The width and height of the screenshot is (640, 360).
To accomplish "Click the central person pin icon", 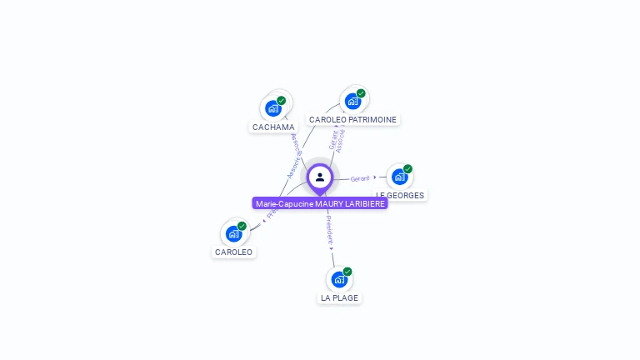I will point(320,177).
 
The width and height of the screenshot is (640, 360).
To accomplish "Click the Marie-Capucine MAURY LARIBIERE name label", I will point(320,204).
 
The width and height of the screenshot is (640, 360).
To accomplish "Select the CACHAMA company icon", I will point(272,108).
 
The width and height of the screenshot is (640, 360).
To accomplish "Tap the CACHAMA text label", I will point(273,127).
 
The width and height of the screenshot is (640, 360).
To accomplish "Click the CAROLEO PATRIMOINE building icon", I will point(352,102).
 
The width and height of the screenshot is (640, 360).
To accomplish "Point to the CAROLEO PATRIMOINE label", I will point(352,120).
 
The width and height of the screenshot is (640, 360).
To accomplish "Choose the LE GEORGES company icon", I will point(399,177).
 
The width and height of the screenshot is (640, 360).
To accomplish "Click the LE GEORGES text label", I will point(400,196).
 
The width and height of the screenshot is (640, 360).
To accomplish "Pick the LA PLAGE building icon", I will point(339,279).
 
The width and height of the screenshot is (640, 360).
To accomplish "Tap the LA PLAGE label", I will point(340,297).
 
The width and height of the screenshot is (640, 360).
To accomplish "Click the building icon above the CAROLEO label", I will point(233,233).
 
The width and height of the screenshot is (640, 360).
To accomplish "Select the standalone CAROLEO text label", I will point(233,252).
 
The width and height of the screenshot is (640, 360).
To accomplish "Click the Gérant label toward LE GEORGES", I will point(360,178).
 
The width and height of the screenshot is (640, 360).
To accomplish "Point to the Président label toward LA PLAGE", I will point(329,228).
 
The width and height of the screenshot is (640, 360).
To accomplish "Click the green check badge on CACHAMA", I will point(282,101).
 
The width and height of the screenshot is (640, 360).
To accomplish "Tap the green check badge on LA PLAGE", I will point(347,272).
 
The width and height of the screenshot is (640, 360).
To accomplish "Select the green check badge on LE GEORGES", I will point(407,169).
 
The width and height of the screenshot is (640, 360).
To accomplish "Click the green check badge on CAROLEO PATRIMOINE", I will point(361,93).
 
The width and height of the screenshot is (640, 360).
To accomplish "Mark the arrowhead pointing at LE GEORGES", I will point(375,177).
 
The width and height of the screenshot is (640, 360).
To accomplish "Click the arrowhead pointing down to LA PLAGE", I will point(331,247).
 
